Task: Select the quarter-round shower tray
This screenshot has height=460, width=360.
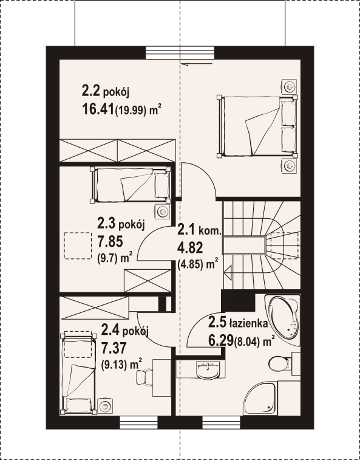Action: (x=261, y=399)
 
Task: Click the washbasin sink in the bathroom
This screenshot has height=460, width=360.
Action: (x=208, y=369)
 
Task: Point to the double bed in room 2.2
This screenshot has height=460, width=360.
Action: (x=257, y=126)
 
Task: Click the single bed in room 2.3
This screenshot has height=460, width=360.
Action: (x=131, y=185)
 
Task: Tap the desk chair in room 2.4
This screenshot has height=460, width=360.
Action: (x=144, y=376)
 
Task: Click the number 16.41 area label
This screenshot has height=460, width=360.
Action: (x=98, y=109)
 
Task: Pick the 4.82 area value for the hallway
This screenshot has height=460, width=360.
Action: (x=189, y=249)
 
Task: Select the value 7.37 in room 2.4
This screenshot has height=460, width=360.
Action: (x=114, y=349)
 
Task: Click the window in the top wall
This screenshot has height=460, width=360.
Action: (x=180, y=53)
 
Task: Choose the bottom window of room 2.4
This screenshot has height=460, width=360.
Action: (x=138, y=422)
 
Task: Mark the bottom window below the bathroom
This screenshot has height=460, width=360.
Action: (x=222, y=422)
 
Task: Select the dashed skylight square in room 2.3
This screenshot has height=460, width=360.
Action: (x=78, y=245)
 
